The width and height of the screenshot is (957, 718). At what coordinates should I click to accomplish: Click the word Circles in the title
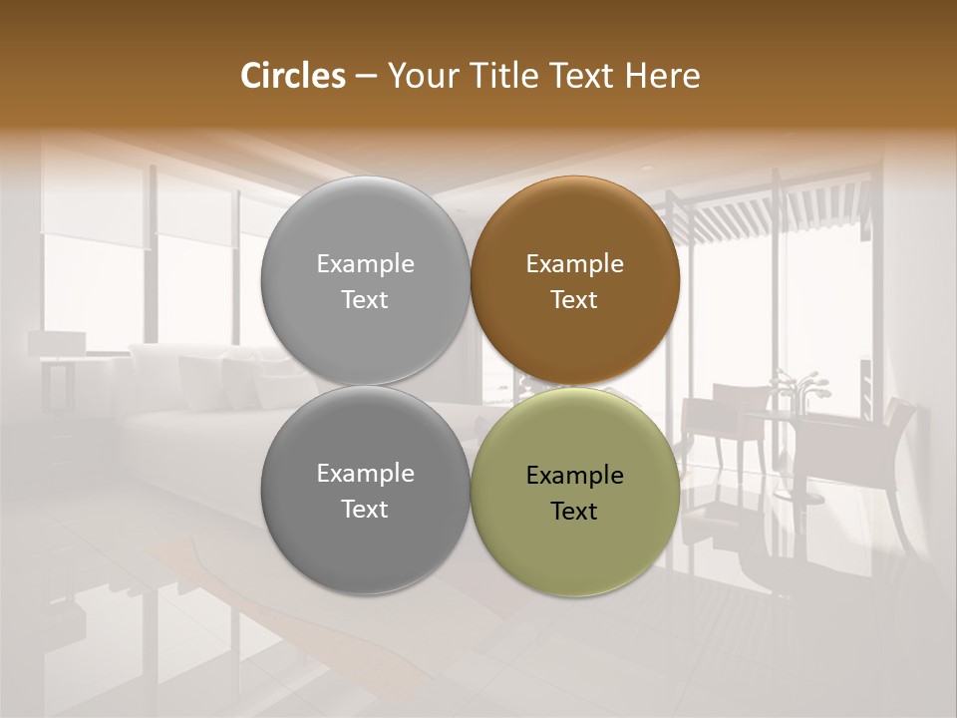click(292, 76)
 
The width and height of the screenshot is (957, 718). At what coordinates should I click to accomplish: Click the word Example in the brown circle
click(574, 264)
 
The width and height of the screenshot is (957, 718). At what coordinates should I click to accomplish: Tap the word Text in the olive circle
click(574, 512)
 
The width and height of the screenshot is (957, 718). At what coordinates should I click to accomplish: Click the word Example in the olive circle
click(574, 476)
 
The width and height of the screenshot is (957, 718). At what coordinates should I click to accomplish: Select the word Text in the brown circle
click(574, 300)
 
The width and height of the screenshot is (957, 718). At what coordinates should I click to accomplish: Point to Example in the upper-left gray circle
click(365, 264)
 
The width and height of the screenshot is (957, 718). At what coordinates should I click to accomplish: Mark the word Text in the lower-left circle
click(365, 510)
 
